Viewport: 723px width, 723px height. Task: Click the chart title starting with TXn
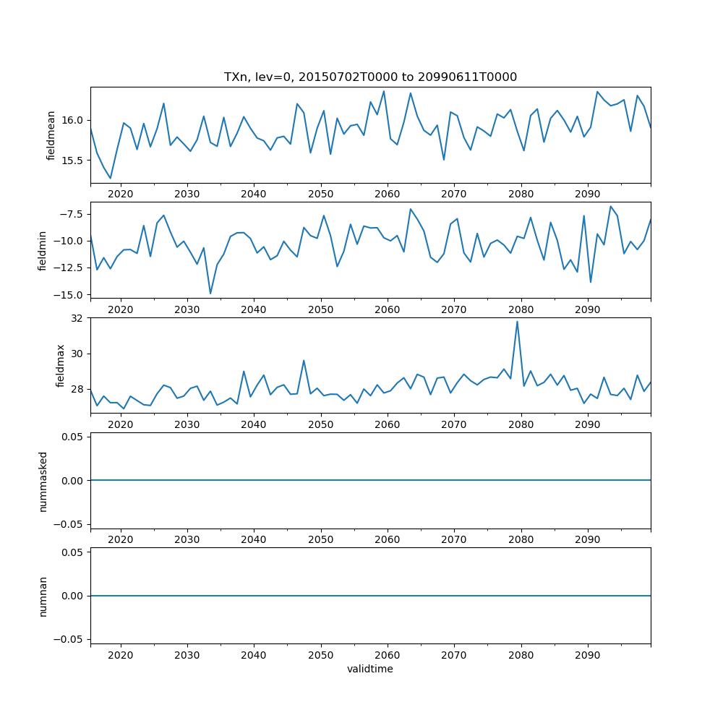click(x=370, y=77)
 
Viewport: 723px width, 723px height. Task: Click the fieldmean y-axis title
click(x=51, y=135)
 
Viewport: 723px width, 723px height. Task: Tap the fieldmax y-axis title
click(x=61, y=365)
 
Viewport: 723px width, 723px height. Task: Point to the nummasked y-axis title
click(x=43, y=481)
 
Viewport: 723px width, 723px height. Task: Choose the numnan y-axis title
click(x=43, y=596)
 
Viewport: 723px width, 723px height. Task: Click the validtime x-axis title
click(x=370, y=669)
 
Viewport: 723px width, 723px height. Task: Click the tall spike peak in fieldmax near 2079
click(x=517, y=322)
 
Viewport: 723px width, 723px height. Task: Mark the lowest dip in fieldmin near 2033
click(x=210, y=293)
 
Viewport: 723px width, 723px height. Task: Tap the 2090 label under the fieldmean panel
click(x=587, y=194)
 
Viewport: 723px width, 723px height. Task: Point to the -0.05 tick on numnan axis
click(x=72, y=639)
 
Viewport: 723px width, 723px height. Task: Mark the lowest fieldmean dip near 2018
click(x=111, y=178)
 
